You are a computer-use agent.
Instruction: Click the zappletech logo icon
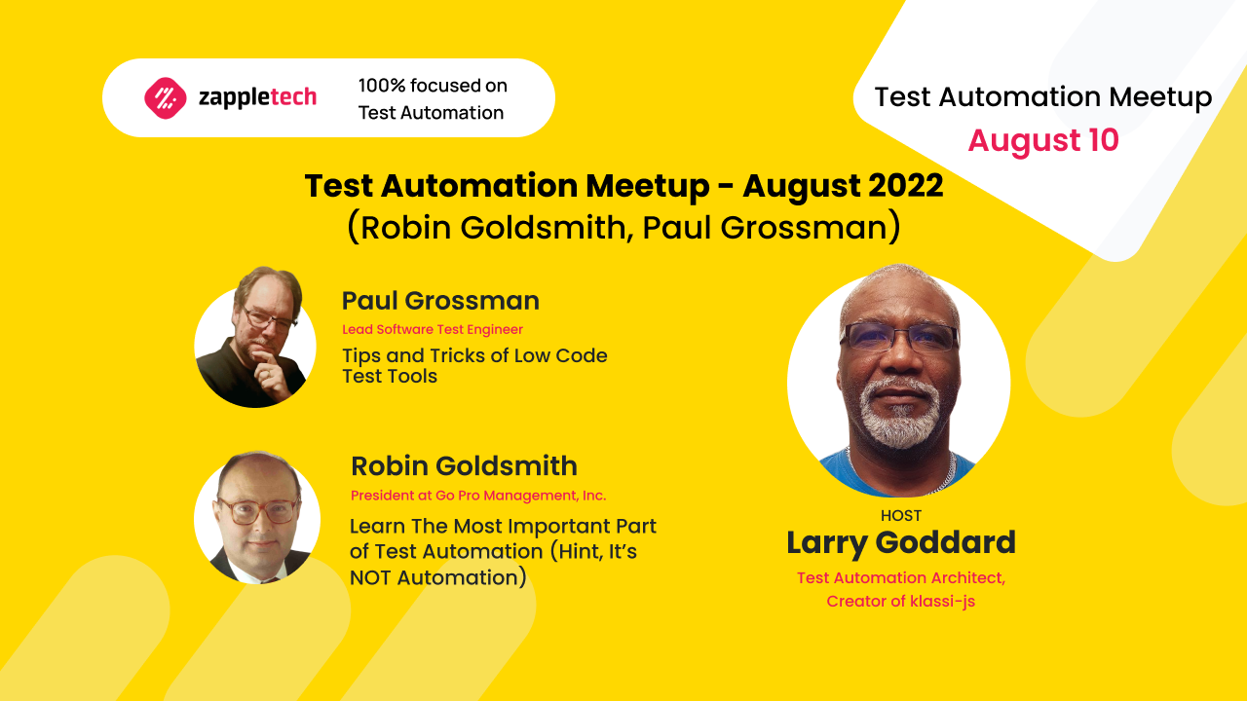pyautogui.click(x=165, y=97)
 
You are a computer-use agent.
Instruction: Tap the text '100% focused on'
pyautogui.click(x=433, y=86)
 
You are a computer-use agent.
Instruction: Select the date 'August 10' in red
pyautogui.click(x=1042, y=141)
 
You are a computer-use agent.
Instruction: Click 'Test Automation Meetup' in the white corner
pyautogui.click(x=1042, y=97)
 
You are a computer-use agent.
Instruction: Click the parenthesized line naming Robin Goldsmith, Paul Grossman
pyautogui.click(x=623, y=227)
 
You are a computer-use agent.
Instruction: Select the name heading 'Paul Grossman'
pyautogui.click(x=440, y=301)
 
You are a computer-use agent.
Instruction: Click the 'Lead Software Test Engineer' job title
pyautogui.click(x=433, y=330)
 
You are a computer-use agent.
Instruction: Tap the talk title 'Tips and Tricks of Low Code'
pyautogui.click(x=474, y=355)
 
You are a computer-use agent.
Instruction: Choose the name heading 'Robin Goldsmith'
pyautogui.click(x=464, y=466)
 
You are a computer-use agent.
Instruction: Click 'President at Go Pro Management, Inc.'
pyautogui.click(x=478, y=496)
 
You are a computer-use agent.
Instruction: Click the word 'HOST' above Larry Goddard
pyautogui.click(x=900, y=516)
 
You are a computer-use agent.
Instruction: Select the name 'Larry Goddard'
pyautogui.click(x=900, y=543)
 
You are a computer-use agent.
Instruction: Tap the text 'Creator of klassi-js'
pyautogui.click(x=900, y=602)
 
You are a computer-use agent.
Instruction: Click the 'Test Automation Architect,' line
pyautogui.click(x=900, y=577)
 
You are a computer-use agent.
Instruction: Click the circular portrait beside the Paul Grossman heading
pyautogui.click(x=255, y=337)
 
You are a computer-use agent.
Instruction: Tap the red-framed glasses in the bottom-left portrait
pyautogui.click(x=258, y=510)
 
